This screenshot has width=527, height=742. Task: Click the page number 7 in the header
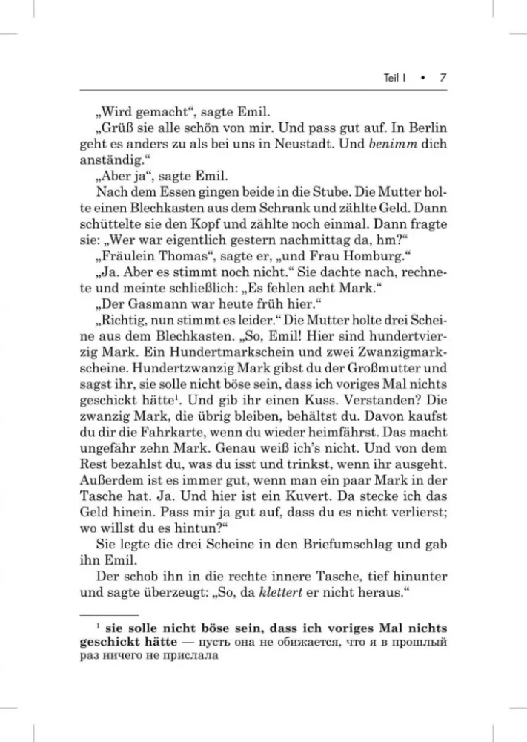point(441,77)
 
